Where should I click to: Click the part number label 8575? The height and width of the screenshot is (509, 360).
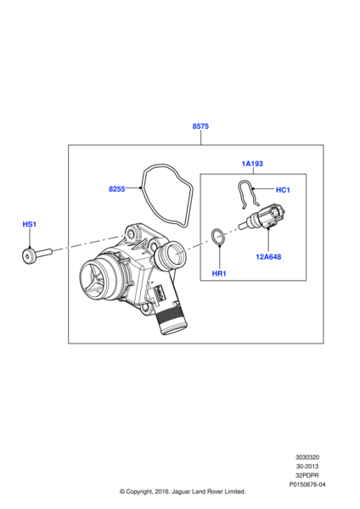pyautogui.click(x=200, y=126)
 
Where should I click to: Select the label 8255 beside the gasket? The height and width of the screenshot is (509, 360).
pyautogui.click(x=116, y=189)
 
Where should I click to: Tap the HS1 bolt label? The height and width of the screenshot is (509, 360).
pyautogui.click(x=29, y=224)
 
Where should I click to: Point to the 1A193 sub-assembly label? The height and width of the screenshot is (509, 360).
pyautogui.click(x=252, y=164)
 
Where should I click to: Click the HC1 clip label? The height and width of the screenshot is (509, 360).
pyautogui.click(x=283, y=190)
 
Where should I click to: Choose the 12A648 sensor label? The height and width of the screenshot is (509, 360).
pyautogui.click(x=268, y=257)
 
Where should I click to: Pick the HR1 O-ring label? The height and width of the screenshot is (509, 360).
pyautogui.click(x=219, y=274)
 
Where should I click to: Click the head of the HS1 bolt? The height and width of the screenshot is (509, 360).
pyautogui.click(x=28, y=256)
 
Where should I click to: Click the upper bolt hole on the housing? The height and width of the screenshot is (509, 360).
pyautogui.click(x=132, y=234)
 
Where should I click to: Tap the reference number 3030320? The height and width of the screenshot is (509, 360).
pyautogui.click(x=307, y=457)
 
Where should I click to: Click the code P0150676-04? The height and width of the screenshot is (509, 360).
pyautogui.click(x=307, y=484)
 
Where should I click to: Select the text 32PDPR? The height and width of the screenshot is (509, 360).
pyautogui.click(x=307, y=476)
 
